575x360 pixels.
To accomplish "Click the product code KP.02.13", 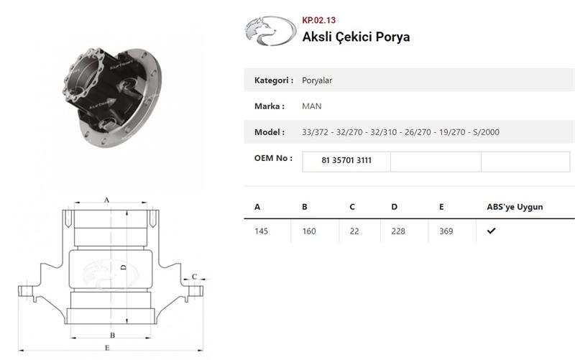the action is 318,20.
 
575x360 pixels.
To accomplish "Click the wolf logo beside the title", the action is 271,31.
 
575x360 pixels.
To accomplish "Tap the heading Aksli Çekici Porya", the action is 356,37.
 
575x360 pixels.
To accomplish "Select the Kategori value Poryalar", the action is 317,80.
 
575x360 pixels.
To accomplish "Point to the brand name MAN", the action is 312,106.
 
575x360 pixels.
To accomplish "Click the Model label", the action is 270,132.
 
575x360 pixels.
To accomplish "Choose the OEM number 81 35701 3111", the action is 346,160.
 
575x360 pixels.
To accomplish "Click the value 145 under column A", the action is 261,231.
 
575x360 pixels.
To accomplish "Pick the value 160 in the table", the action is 309,231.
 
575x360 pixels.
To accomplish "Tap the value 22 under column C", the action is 354,231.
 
